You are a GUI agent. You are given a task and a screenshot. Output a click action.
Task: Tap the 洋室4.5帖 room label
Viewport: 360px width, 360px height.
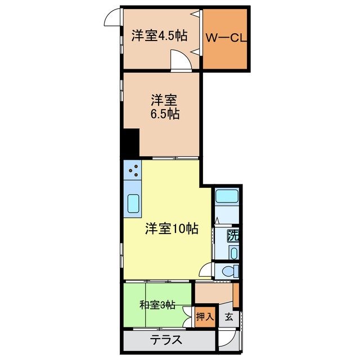pyautogui.click(x=159, y=35)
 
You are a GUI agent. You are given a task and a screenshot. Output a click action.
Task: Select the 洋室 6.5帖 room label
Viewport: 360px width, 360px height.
pyautogui.click(x=164, y=107)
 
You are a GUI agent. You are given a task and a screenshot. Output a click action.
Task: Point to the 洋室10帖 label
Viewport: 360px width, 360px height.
pyautogui.click(x=172, y=229)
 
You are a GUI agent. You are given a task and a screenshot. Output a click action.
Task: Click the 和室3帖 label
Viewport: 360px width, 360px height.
pyautogui.click(x=157, y=305)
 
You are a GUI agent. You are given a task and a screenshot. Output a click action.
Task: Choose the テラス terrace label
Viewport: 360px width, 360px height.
pyautogui.click(x=166, y=340)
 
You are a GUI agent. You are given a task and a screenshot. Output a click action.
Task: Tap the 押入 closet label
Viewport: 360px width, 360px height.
pyautogui.click(x=205, y=317)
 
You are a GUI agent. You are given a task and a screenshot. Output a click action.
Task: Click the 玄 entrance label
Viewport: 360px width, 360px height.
pyautogui.click(x=229, y=317)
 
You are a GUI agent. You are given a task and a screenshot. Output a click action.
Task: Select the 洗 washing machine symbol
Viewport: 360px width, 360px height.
pyautogui.click(x=232, y=236)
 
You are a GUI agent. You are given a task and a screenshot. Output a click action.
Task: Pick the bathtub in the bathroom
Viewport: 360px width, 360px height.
pyautogui.click(x=227, y=198)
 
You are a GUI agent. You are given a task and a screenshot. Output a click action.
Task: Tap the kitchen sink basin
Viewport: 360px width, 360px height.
pyautogui.click(x=133, y=203)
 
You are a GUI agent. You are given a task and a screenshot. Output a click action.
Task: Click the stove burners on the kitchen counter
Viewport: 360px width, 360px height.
pyautogui.click(x=133, y=168)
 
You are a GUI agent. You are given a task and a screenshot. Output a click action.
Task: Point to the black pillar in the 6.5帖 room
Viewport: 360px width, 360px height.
pyautogui.click(x=131, y=143)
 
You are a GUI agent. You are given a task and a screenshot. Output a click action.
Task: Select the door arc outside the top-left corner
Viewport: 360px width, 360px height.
pyautogui.click(x=112, y=18)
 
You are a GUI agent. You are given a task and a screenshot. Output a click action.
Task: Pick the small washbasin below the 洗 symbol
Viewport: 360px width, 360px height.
pyautogui.click(x=233, y=253)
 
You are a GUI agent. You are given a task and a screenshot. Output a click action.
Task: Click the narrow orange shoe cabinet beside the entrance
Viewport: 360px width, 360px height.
pyautogui.click(x=236, y=296)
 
